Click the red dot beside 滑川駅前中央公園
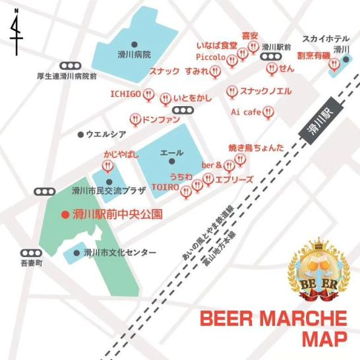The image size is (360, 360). point(64,214)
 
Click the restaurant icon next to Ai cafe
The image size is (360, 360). point(267,113)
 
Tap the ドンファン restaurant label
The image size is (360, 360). point(162,120)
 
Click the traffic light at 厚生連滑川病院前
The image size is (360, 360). point(68,66)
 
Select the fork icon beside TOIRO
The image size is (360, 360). point(187,191)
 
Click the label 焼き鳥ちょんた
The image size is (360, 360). point(256,148)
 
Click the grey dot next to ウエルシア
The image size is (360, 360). point(80,135)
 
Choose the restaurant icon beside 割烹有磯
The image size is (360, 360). point(334,65)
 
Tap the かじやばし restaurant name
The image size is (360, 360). point(121,154)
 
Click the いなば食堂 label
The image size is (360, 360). point(217,45)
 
